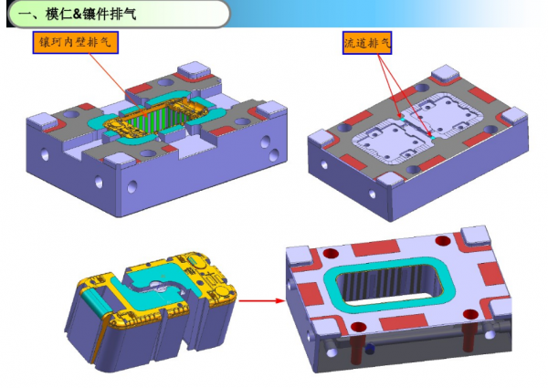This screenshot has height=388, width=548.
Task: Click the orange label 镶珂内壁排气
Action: click(76, 43)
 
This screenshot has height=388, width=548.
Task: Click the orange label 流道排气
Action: click(367, 43)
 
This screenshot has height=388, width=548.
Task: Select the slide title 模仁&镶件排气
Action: click(90, 14)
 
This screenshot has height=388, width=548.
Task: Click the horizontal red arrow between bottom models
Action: click(262, 300)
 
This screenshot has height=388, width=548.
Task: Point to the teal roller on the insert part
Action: click(95, 302)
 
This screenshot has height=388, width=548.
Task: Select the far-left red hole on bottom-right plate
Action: click(331, 253)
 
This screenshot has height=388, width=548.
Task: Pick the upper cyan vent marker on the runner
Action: click(403, 120)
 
